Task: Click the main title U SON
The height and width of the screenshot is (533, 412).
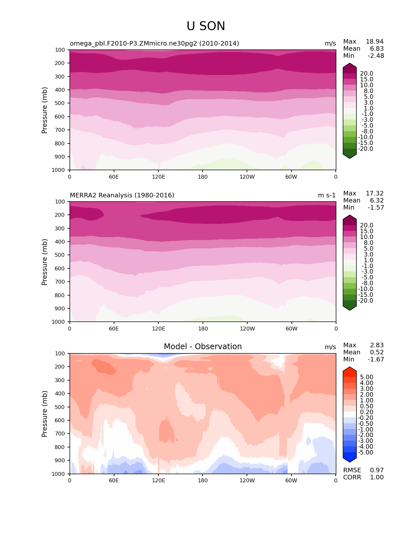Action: click(x=206, y=26)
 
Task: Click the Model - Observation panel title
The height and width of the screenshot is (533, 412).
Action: click(x=203, y=347)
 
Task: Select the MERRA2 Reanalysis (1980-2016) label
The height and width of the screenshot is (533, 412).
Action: click(x=122, y=195)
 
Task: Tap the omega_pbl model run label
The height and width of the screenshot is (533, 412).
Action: click(x=154, y=43)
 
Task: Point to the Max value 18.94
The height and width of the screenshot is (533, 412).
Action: click(x=375, y=41)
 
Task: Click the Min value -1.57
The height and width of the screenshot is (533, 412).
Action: click(x=376, y=207)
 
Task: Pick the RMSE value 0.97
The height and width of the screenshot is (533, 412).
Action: click(x=377, y=470)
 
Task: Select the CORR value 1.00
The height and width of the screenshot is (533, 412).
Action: click(x=377, y=477)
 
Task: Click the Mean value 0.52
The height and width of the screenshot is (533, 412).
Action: click(x=377, y=352)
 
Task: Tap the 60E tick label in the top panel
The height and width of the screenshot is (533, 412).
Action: click(x=114, y=177)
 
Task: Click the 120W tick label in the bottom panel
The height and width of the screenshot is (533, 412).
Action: click(x=247, y=480)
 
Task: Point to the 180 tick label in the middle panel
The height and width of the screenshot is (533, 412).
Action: click(x=203, y=329)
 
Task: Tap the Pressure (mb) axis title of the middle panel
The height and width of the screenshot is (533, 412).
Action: click(x=45, y=262)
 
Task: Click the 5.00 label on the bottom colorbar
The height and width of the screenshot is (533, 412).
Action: click(x=366, y=377)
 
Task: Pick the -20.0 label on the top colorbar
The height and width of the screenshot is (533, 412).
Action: click(x=366, y=149)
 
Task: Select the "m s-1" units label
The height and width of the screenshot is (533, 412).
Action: click(x=327, y=195)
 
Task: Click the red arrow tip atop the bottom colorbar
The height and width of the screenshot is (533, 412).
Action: click(x=350, y=369)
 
